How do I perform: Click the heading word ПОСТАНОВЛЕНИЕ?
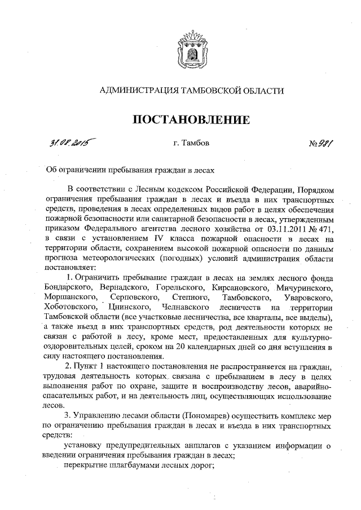(191, 120)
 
